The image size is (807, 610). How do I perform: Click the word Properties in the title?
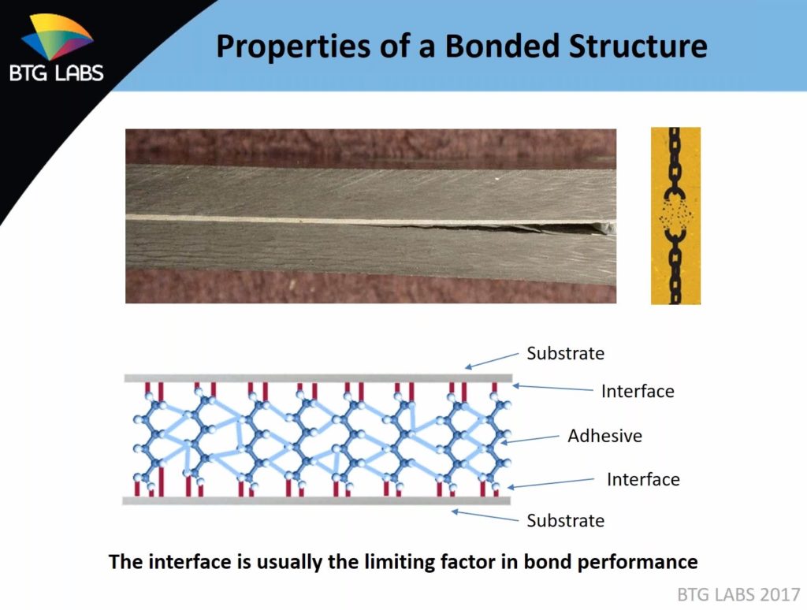[x=294, y=46]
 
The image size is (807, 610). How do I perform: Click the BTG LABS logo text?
[x=57, y=73]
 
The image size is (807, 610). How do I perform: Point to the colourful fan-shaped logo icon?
[x=57, y=36]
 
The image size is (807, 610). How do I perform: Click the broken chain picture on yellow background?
[x=675, y=216]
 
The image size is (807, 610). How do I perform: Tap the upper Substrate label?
[x=565, y=354]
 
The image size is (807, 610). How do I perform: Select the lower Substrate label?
[x=565, y=520]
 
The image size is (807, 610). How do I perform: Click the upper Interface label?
[x=638, y=391]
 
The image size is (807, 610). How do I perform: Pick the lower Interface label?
[x=643, y=479]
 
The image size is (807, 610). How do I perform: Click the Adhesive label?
[x=604, y=436]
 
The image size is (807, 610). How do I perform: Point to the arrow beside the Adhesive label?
[x=530, y=439]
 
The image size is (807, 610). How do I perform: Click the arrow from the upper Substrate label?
[x=492, y=361]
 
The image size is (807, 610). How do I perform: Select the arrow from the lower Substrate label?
[x=485, y=515]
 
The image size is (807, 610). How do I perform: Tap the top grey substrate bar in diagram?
[x=318, y=378]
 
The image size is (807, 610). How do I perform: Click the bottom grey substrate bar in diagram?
[x=317, y=500]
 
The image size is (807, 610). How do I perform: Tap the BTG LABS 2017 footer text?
[x=738, y=594]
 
